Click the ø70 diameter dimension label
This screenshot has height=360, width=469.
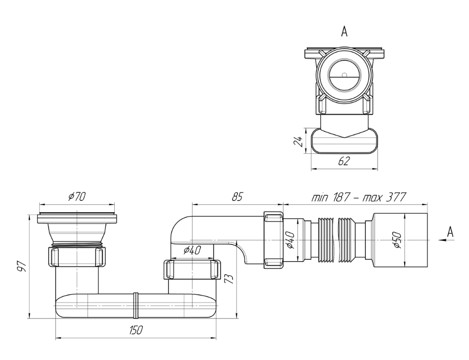(x=77, y=196)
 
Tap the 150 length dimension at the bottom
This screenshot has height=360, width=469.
(x=133, y=331)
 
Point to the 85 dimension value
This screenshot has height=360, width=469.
(x=237, y=196)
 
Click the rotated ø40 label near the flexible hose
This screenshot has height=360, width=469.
(x=292, y=240)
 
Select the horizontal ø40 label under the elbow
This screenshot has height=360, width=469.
(x=192, y=250)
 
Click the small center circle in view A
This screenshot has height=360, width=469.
(x=344, y=75)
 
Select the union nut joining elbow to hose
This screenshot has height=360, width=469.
(x=273, y=239)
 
